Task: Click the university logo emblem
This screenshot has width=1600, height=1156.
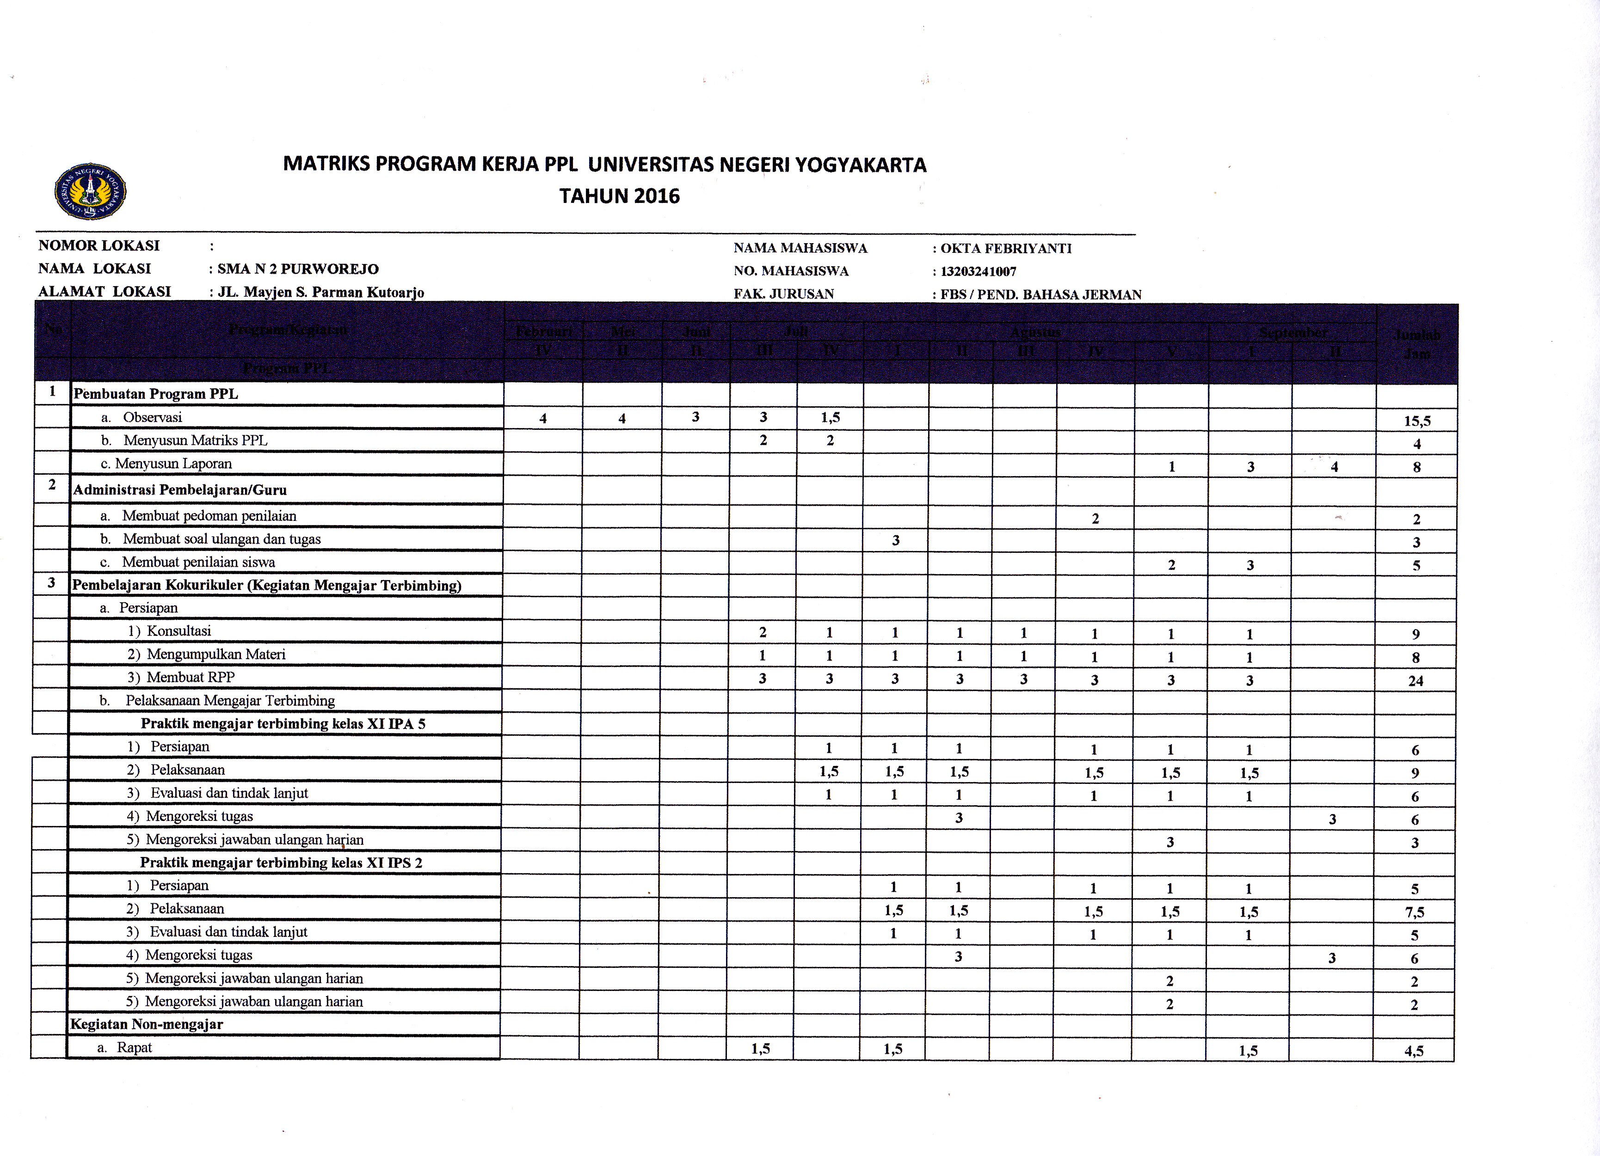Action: click(90, 191)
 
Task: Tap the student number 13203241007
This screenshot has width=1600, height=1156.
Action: click(978, 271)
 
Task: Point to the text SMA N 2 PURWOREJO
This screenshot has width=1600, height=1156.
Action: click(298, 269)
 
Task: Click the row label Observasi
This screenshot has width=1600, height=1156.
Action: click(153, 417)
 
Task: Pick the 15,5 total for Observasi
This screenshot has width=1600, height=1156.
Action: click(1416, 421)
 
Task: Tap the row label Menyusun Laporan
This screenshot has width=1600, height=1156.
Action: click(173, 464)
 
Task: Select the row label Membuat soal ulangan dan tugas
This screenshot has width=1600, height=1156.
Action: click(222, 539)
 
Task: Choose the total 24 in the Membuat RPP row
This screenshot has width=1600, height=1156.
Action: click(1415, 681)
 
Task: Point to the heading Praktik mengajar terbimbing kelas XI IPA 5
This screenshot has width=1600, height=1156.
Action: click(283, 724)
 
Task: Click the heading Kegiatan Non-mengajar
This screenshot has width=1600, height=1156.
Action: click(147, 1025)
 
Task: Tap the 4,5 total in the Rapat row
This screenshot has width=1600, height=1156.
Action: click(1414, 1051)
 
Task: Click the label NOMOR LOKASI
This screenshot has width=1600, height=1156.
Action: click(99, 245)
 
